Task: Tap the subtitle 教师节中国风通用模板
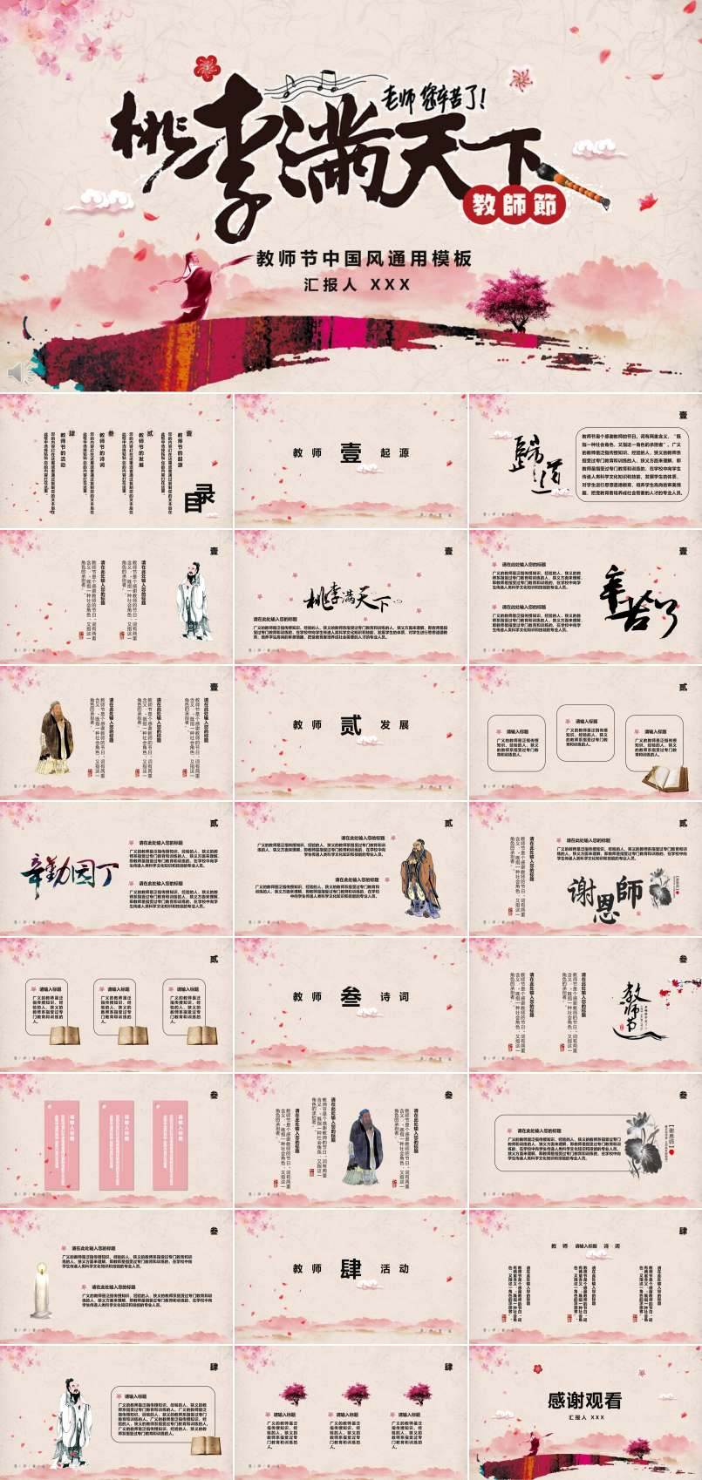click(x=364, y=259)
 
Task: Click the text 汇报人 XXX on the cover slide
click(x=357, y=284)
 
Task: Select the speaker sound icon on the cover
click(x=18, y=372)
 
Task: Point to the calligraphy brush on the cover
click(x=579, y=183)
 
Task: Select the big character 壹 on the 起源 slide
click(x=350, y=453)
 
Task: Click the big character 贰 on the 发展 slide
click(x=350, y=725)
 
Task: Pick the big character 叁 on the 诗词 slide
click(x=350, y=996)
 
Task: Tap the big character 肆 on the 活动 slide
click(x=350, y=1268)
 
